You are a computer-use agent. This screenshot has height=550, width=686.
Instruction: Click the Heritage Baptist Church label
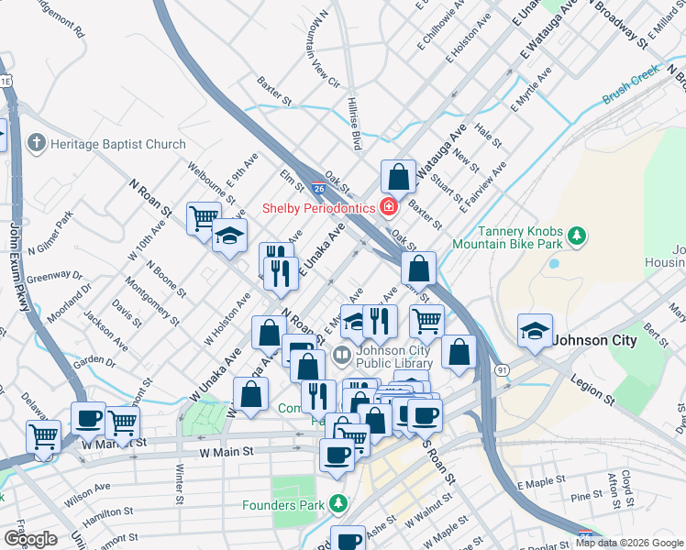(x=118, y=144)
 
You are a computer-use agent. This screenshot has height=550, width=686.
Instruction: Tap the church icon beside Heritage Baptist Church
(x=37, y=143)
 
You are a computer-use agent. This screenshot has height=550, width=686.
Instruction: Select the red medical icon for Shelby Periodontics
(x=389, y=208)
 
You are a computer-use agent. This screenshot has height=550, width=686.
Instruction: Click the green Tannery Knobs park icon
(x=577, y=236)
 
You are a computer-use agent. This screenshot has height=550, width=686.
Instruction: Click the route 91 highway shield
(x=502, y=368)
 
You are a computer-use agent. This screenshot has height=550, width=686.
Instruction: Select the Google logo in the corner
(x=29, y=538)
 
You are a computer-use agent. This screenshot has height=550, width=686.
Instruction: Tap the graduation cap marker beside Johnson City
(x=535, y=332)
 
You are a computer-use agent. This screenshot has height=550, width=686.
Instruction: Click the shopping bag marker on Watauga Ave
(x=400, y=177)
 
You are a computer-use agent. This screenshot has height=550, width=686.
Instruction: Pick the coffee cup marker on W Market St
(x=89, y=418)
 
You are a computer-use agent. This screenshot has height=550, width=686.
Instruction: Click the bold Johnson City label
(x=594, y=340)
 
